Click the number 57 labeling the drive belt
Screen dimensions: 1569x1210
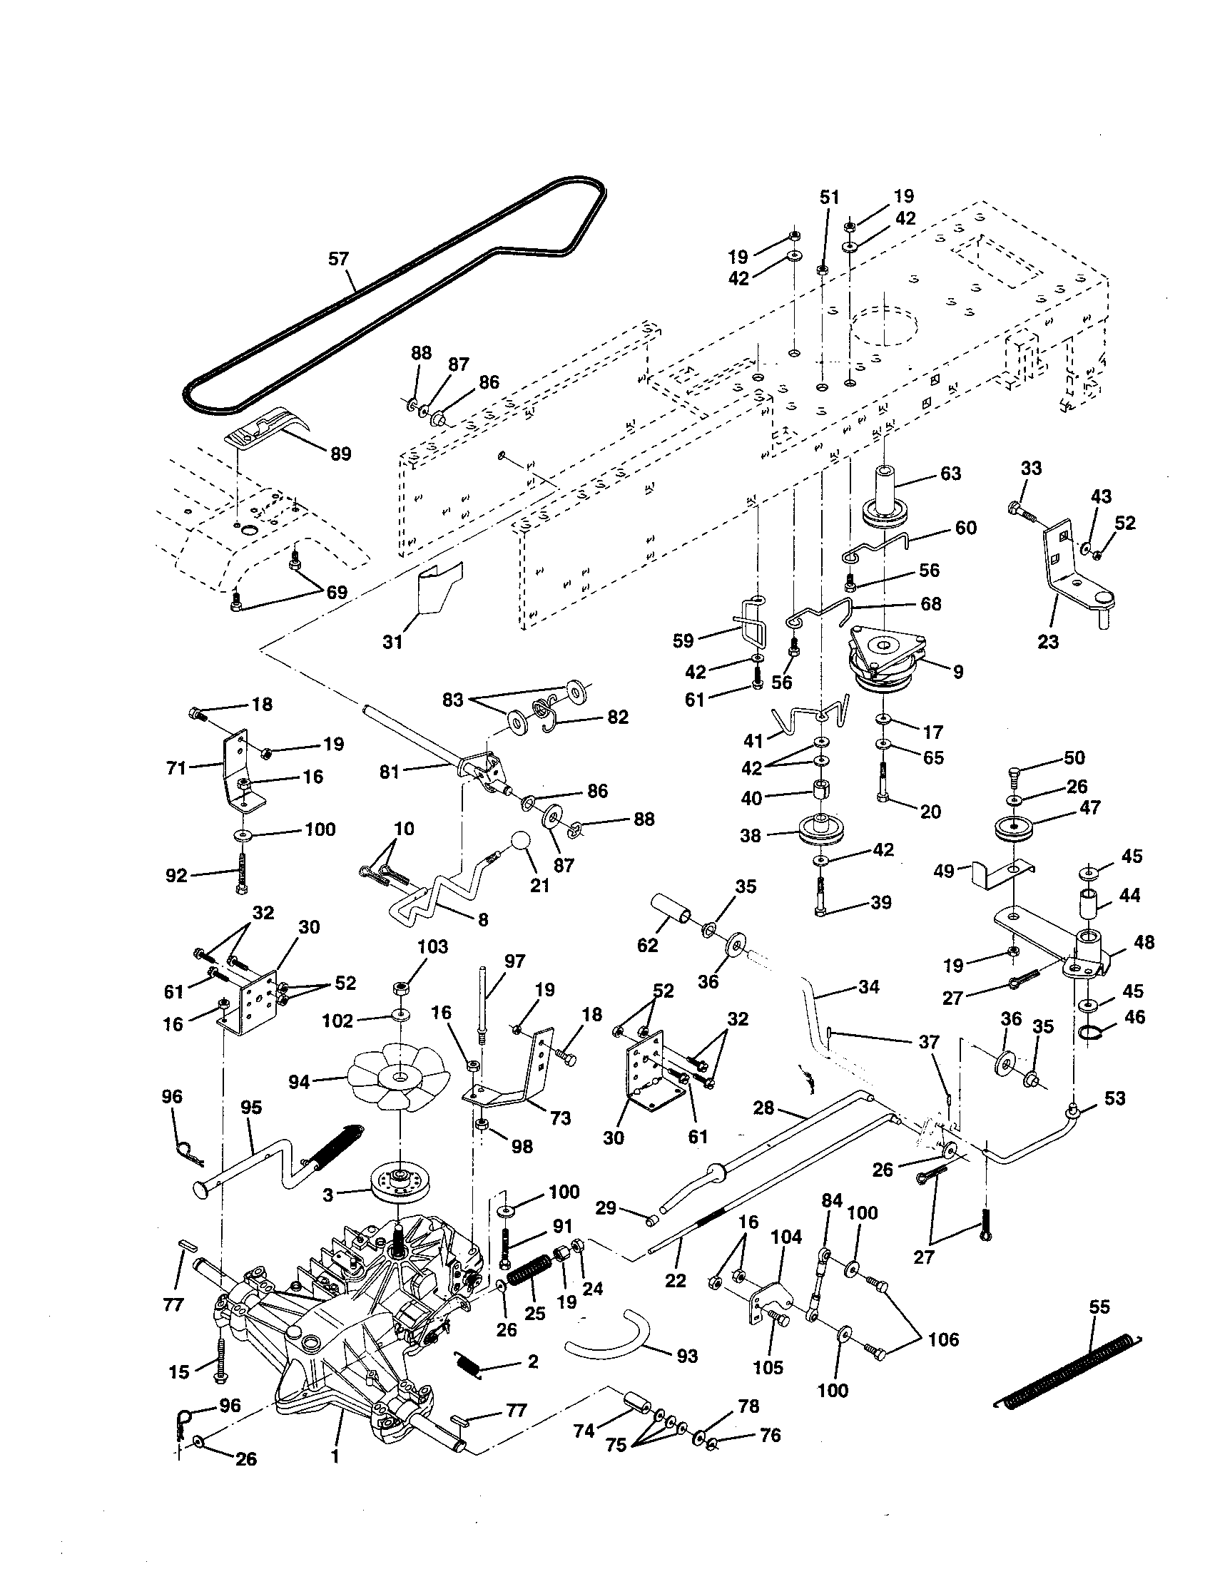point(338,259)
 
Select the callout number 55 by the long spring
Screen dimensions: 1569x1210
point(1099,1307)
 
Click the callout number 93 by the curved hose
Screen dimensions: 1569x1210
point(687,1356)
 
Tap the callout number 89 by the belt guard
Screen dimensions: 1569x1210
point(340,454)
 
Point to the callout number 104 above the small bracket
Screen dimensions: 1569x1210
point(786,1237)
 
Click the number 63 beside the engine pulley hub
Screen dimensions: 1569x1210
point(950,474)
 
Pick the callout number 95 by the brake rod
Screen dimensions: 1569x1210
point(251,1107)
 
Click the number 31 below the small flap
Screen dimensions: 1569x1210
point(392,642)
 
